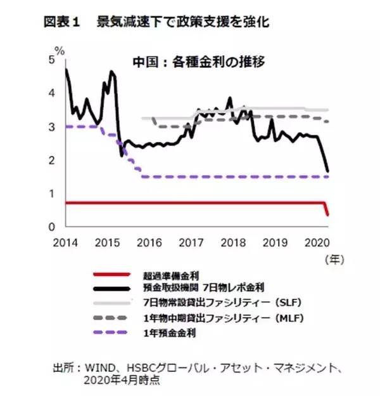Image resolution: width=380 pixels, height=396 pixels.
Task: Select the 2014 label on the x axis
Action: point(65,242)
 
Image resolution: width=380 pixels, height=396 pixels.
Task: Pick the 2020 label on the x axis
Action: point(316,242)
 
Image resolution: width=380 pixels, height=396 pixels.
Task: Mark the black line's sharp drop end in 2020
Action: point(327,171)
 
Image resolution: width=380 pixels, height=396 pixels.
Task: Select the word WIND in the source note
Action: point(92,367)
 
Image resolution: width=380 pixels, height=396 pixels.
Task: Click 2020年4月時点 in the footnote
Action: point(122,380)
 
